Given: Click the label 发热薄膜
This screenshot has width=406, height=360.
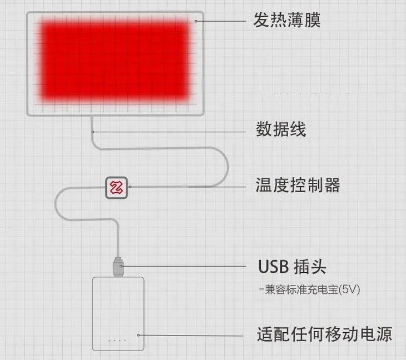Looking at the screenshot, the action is [x=287, y=21].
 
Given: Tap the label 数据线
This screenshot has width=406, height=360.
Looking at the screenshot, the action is [x=281, y=130].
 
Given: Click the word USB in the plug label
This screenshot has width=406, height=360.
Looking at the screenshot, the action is [x=273, y=267].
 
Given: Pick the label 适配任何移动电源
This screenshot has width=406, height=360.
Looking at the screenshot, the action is [x=325, y=334].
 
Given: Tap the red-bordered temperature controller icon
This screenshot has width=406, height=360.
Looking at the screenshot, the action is [x=117, y=187].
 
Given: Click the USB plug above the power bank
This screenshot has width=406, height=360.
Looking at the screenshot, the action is [x=118, y=266].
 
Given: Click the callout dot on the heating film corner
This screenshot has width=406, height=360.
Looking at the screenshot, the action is [x=196, y=22].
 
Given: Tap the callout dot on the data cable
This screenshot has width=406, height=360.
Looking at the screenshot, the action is [x=93, y=132].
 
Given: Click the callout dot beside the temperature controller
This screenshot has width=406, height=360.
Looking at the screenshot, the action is [x=130, y=187].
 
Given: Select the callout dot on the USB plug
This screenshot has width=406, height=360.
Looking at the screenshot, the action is [x=122, y=267].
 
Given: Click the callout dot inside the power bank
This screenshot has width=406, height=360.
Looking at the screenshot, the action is [x=139, y=335].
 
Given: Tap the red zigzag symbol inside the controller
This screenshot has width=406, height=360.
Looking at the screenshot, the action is [x=117, y=187].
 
